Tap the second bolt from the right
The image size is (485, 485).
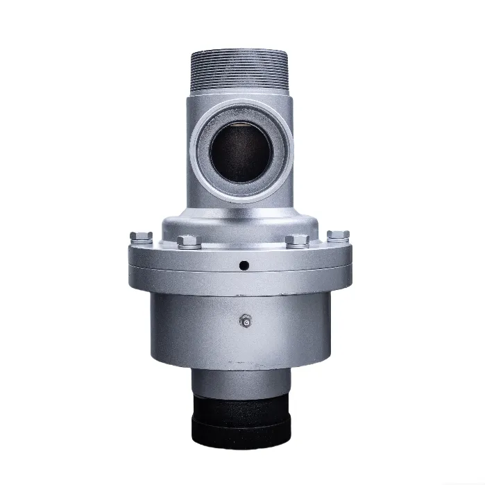[x=297, y=240]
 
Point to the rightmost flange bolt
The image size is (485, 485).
[x=339, y=235]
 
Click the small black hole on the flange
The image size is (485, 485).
[x=244, y=265]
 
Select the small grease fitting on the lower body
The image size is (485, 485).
[x=244, y=320]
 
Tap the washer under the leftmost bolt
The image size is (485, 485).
[x=140, y=241]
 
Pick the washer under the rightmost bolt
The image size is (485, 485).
[x=339, y=241]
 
